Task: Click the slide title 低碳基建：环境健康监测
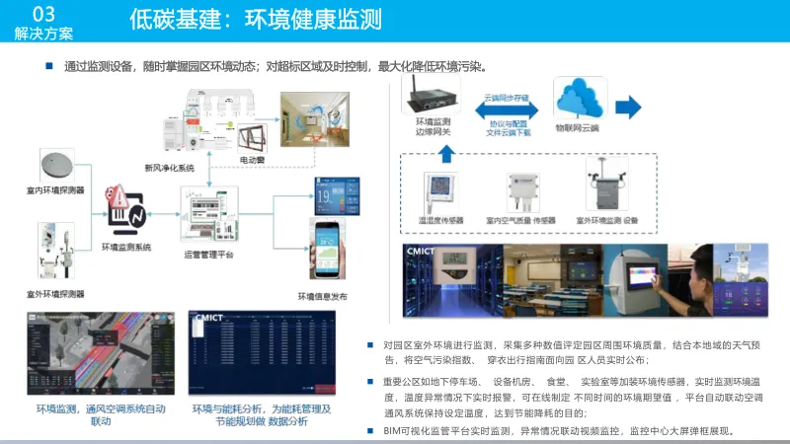pyautogui.click(x=255, y=21)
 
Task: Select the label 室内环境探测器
pyautogui.click(x=55, y=188)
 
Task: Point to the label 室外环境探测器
pyautogui.click(x=55, y=294)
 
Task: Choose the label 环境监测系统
pyautogui.click(x=125, y=247)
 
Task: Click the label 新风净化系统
pyautogui.click(x=170, y=168)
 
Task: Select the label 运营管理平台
pyautogui.click(x=210, y=255)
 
